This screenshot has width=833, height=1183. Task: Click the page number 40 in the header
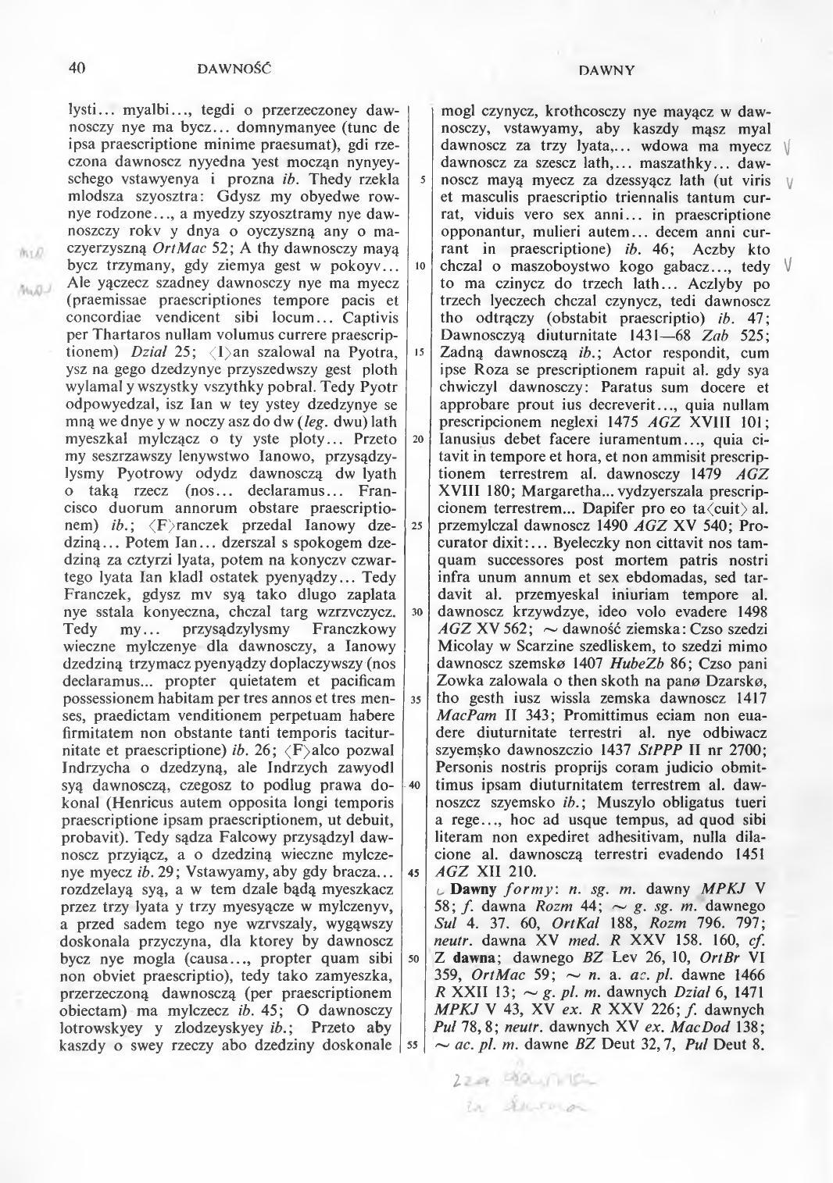[x=77, y=68]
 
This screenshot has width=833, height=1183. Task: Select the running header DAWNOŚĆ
[x=234, y=69]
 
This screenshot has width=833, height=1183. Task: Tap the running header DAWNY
[x=606, y=70]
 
